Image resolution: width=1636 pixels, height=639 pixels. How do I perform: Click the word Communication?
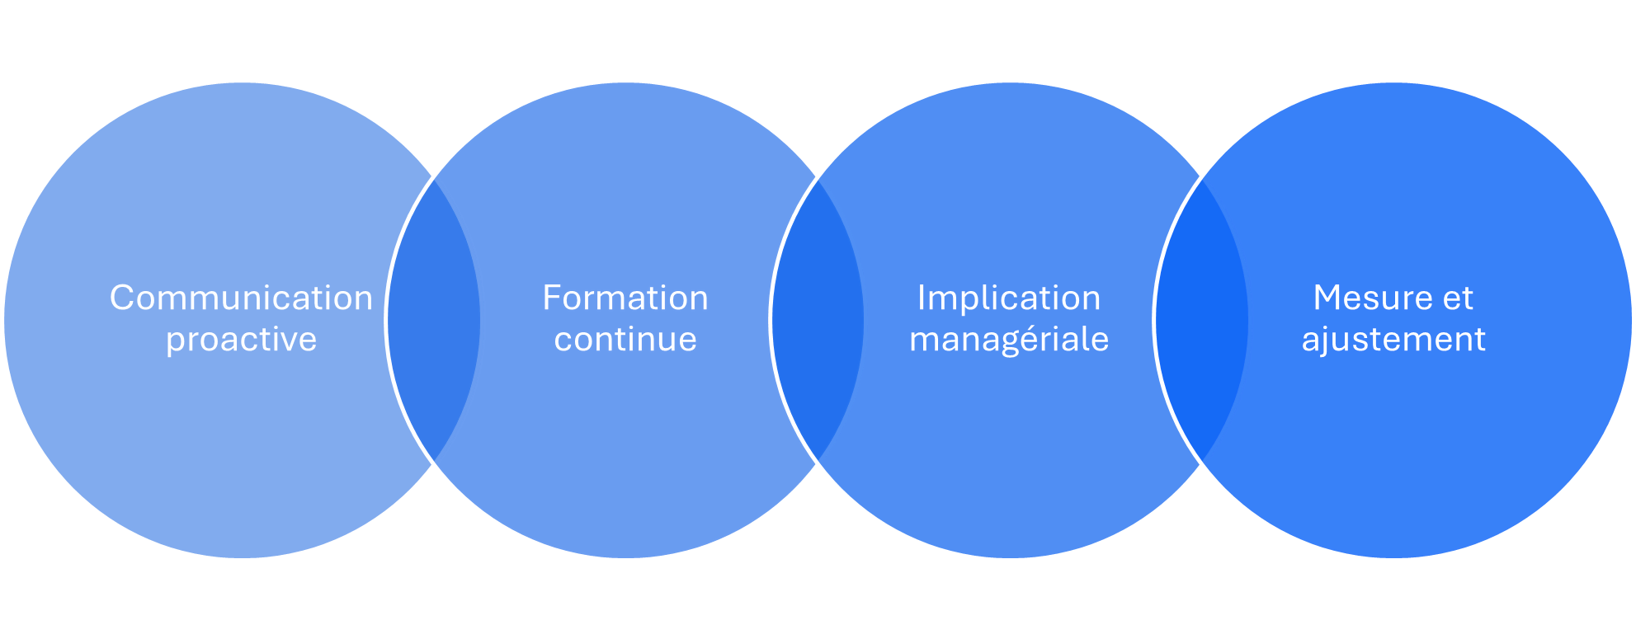241,298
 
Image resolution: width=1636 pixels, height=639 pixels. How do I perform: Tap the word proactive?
241,340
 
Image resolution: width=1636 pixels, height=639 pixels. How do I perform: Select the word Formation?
625,298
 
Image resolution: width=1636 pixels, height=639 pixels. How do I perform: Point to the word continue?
625,340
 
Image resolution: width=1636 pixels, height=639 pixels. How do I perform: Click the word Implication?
1009,298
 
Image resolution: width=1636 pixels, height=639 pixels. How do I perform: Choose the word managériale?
1009,340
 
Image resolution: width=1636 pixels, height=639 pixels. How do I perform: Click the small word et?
1458,298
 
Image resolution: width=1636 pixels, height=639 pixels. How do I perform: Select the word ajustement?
1393,340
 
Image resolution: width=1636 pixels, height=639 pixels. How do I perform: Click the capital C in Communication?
121,298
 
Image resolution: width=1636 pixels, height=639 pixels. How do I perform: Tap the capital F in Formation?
551,298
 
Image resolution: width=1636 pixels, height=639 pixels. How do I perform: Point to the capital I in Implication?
922,298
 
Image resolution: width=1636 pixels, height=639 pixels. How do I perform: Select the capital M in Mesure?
1327,298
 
